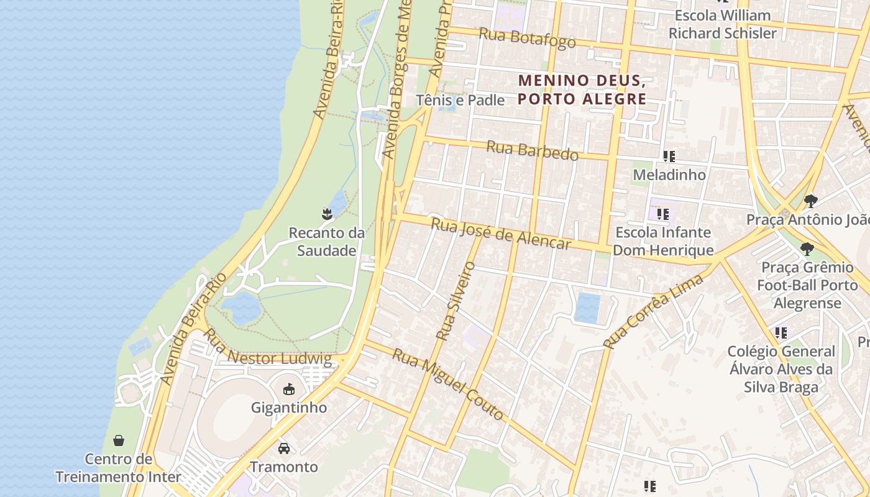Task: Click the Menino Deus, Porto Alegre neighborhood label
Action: tap(582, 89)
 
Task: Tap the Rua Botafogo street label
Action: tap(528, 38)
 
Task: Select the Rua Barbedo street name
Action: tap(532, 150)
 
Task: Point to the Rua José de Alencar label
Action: tap(501, 234)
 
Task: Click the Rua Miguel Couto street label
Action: tap(448, 384)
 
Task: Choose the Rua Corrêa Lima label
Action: tap(653, 311)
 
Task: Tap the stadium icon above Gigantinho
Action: tap(288, 390)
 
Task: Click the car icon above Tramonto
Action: tap(284, 448)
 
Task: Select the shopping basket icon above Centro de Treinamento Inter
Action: tap(119, 440)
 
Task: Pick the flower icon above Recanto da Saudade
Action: tap(327, 214)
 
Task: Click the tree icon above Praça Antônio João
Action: tap(810, 201)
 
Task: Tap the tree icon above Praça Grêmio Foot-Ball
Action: tap(807, 249)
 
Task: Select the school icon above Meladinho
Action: tap(669, 156)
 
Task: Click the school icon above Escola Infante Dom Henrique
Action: tap(663, 214)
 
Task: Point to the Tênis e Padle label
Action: tap(460, 100)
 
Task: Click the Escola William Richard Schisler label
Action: tap(722, 24)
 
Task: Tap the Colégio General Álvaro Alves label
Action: tap(781, 369)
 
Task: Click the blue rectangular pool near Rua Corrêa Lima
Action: tap(587, 308)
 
